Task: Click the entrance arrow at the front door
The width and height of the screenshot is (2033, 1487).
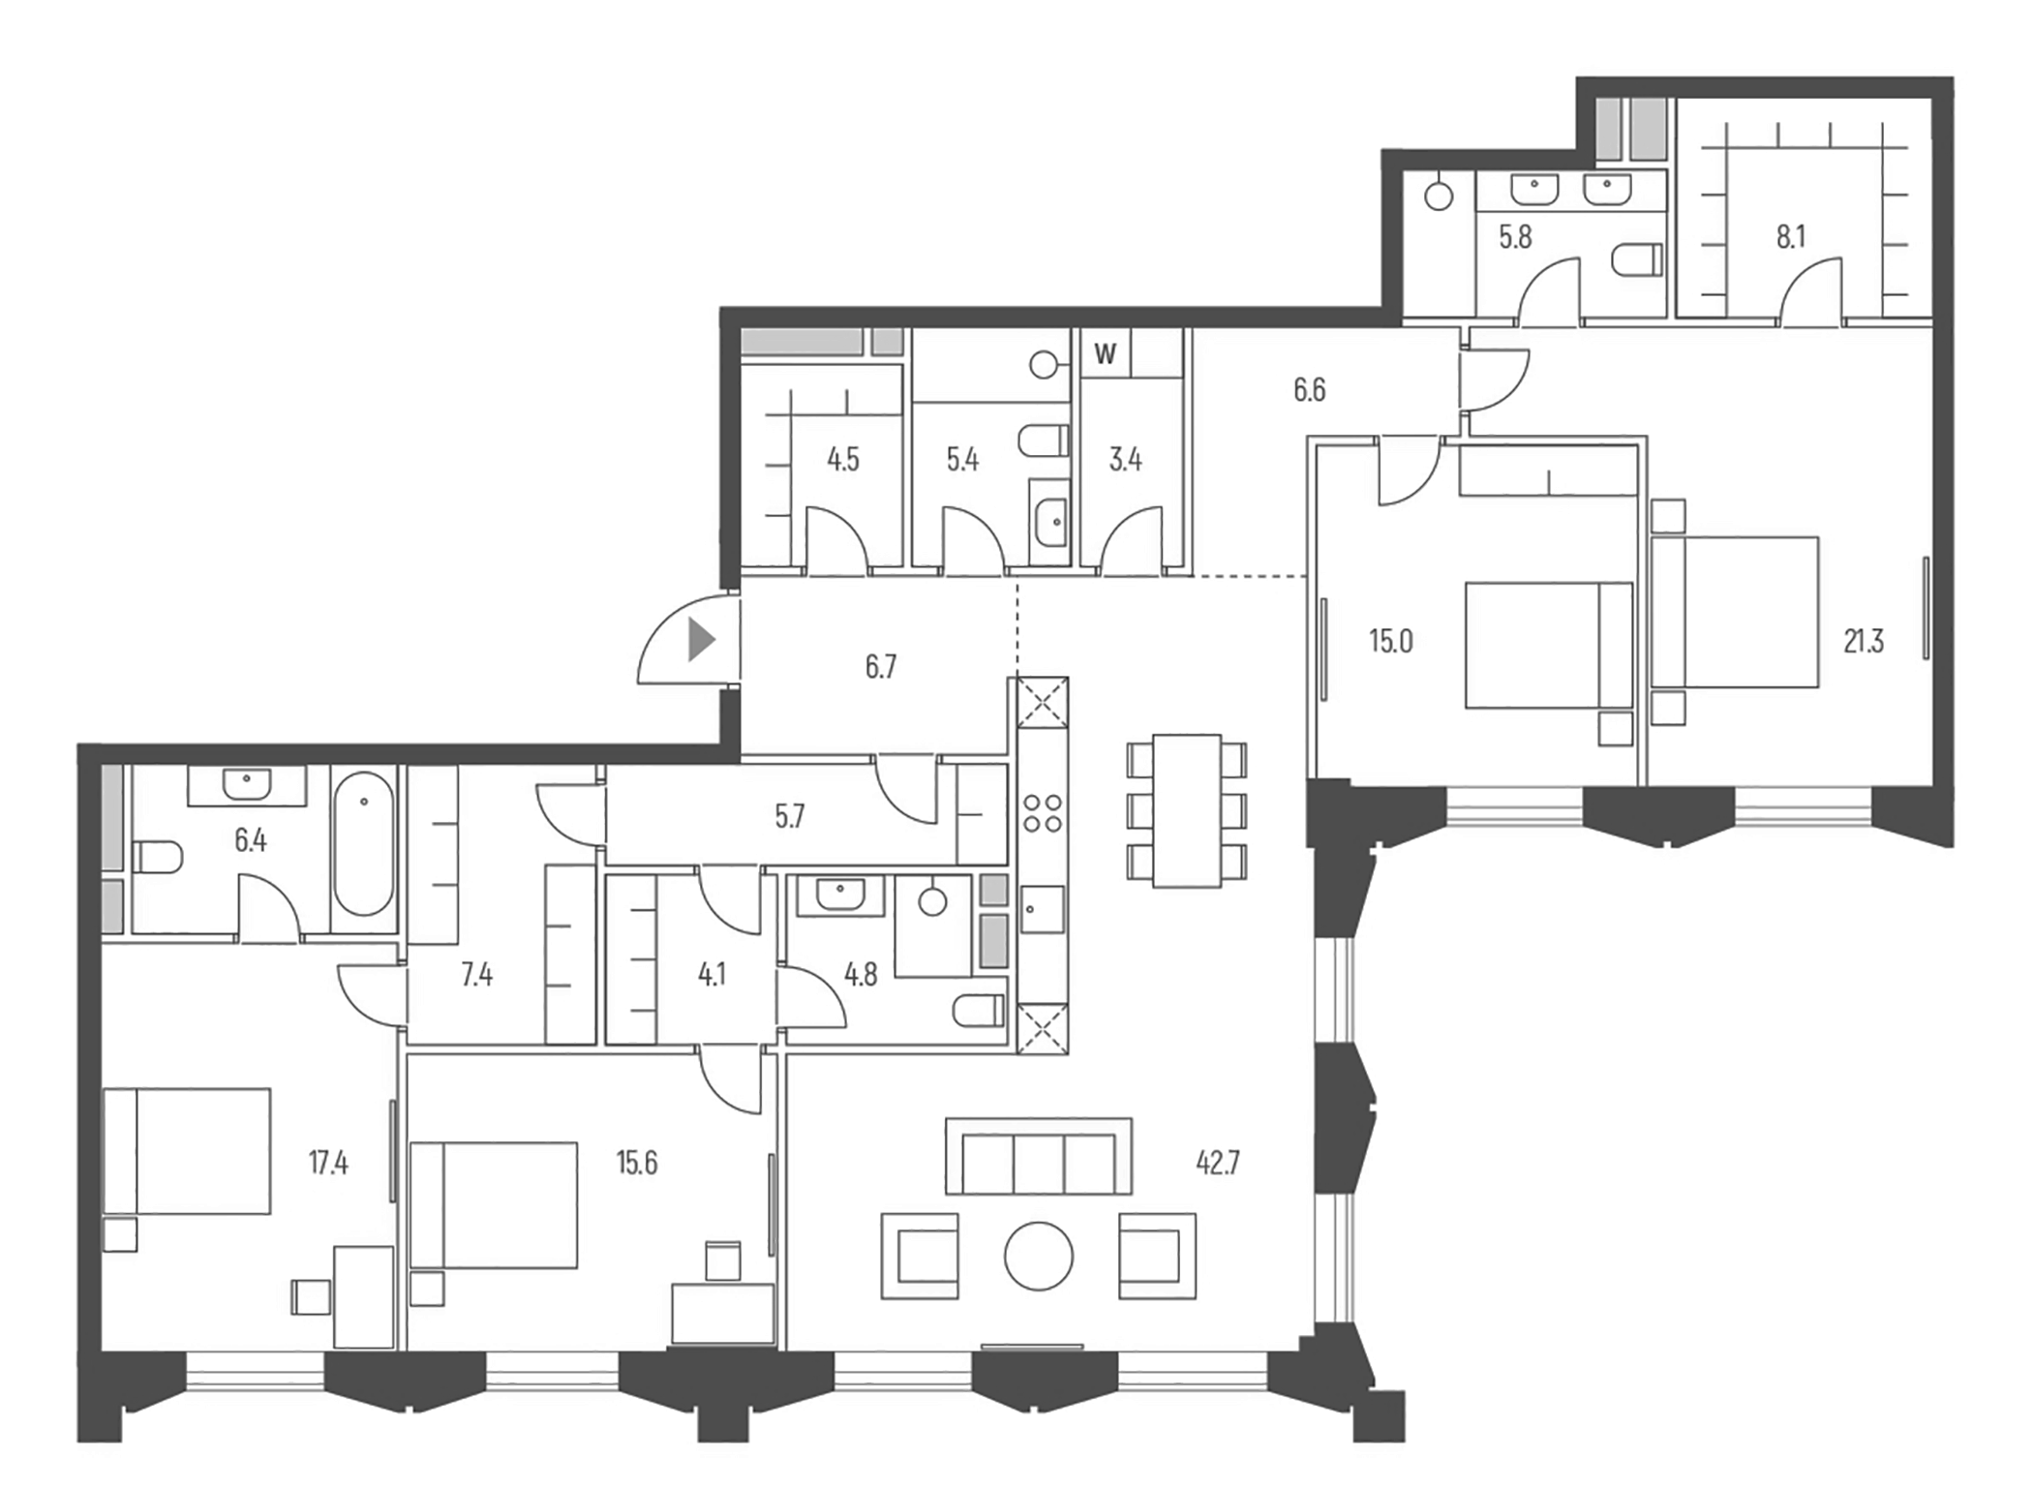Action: [701, 640]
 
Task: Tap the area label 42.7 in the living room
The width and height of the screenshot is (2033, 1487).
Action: [1217, 1163]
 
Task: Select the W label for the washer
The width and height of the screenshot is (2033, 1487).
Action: [1105, 354]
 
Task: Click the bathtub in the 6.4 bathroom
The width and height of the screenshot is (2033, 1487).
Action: [363, 850]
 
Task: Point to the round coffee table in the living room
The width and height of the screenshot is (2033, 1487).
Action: [1039, 1257]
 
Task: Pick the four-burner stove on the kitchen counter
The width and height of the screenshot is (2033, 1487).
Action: [1043, 813]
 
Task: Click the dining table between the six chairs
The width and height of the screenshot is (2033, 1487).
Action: [1187, 810]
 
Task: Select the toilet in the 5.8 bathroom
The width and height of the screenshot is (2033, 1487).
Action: [1638, 258]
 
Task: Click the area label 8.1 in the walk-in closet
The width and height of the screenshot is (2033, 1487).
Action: [1790, 237]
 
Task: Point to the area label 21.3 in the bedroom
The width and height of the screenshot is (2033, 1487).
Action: [1863, 642]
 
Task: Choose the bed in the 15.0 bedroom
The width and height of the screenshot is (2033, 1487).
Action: [1548, 644]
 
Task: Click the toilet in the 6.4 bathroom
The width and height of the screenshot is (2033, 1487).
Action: [157, 857]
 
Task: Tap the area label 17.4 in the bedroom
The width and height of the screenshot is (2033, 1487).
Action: [328, 1163]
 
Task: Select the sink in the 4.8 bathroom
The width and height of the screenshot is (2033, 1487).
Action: [840, 895]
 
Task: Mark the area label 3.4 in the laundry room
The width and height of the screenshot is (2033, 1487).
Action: [1125, 459]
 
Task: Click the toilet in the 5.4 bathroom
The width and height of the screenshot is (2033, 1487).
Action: [1044, 441]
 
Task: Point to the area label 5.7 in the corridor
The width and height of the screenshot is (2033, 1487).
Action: [789, 817]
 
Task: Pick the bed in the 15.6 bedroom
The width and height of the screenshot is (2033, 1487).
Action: [494, 1205]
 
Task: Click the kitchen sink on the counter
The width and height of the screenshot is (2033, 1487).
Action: [1042, 910]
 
